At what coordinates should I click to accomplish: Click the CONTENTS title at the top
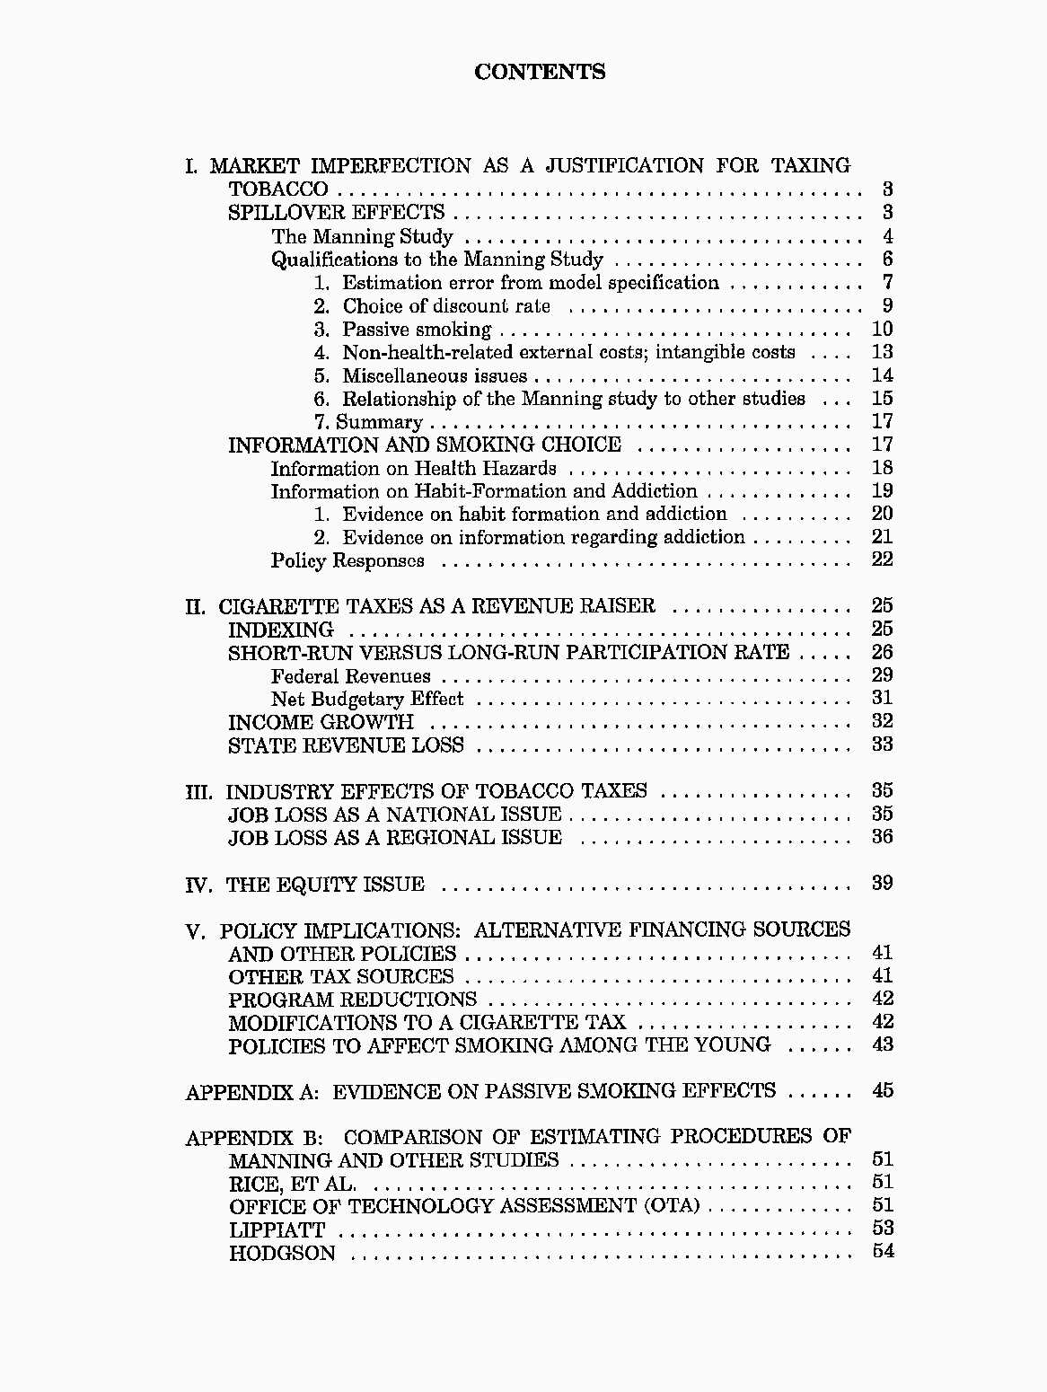click(540, 72)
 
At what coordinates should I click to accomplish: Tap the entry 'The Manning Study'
click(362, 237)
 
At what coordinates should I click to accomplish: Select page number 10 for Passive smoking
click(882, 329)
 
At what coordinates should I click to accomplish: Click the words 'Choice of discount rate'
click(446, 306)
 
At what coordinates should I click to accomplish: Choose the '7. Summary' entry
click(368, 422)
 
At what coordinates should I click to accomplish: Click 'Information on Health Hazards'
click(413, 469)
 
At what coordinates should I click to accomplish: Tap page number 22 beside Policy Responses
click(882, 559)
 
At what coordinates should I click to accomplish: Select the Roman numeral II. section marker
click(196, 607)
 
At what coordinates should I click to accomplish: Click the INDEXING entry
click(280, 630)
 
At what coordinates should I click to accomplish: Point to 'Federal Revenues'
click(350, 676)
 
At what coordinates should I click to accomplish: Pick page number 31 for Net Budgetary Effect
click(882, 698)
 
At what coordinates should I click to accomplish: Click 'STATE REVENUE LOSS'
click(346, 745)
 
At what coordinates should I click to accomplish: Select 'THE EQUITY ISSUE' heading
click(325, 885)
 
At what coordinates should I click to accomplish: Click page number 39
click(882, 883)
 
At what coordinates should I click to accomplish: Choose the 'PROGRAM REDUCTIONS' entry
click(352, 1000)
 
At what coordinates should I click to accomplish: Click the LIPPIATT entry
click(277, 1230)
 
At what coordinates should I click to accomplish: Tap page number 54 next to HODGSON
click(883, 1251)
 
